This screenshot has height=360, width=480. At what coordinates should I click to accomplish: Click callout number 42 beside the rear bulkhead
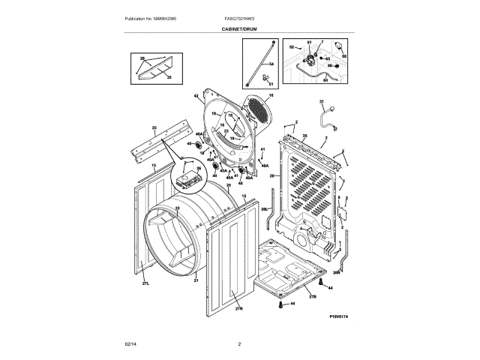[x=195, y=96]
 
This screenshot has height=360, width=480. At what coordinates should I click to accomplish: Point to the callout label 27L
[x=147, y=283]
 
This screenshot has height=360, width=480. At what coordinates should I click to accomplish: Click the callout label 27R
[x=239, y=308]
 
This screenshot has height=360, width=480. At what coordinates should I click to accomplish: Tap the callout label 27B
[x=313, y=297]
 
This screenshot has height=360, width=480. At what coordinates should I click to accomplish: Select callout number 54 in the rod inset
[x=272, y=65]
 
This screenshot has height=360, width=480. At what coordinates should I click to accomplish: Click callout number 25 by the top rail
[x=154, y=128]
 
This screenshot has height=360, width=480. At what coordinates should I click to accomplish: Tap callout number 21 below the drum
[x=196, y=280]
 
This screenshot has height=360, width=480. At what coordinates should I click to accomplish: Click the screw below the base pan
[x=280, y=304]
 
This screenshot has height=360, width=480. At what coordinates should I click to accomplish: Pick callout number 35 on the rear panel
[x=304, y=136]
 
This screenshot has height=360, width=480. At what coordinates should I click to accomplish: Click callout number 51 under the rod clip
[x=271, y=85]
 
